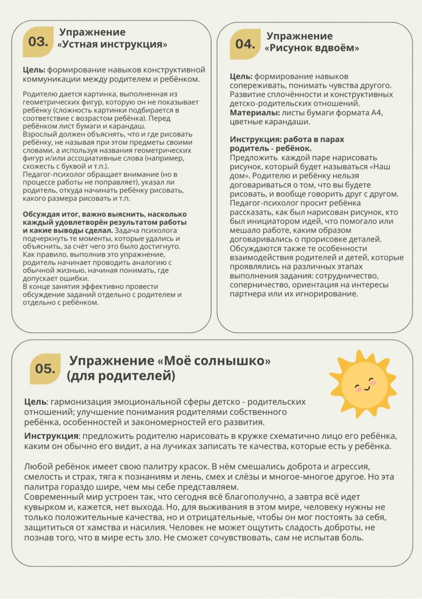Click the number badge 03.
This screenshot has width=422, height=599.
click(38, 42)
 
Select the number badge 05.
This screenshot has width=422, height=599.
click(45, 368)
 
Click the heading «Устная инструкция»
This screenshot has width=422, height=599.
click(112, 45)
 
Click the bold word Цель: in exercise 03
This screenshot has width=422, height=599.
click(34, 70)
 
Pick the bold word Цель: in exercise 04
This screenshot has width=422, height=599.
click(241, 77)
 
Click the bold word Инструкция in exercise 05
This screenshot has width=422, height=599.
click(52, 436)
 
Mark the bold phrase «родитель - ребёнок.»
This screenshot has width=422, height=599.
click(271, 148)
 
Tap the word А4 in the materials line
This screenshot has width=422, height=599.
click(376, 113)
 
